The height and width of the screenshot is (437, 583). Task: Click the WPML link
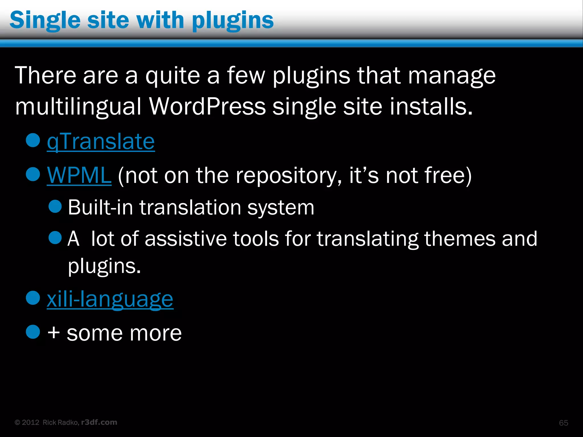tap(79, 175)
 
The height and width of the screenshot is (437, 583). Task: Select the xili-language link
tap(110, 299)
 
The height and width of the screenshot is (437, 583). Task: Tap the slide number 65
tap(563, 423)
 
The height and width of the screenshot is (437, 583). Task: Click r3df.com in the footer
tap(99, 422)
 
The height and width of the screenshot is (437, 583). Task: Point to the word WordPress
tap(207, 106)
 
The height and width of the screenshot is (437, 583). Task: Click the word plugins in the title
tap(233, 20)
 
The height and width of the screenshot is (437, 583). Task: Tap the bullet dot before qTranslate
tap(33, 140)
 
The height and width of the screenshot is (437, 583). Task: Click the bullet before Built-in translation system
tap(55, 206)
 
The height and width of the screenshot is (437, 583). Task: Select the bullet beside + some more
tap(33, 332)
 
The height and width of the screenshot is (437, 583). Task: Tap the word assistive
tap(186, 239)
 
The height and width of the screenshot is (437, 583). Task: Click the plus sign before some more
tap(54, 333)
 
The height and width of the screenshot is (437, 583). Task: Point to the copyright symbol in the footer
tap(17, 422)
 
